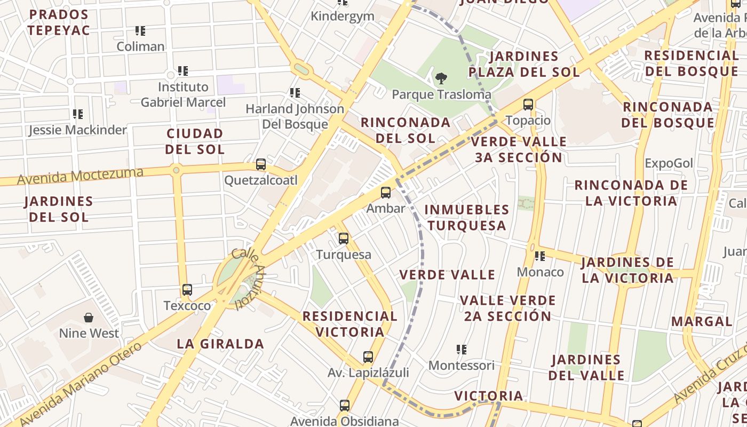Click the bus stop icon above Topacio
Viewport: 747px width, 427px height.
528,105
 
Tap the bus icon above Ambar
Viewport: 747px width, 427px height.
386,193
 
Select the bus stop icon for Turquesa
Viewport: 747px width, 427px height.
344,239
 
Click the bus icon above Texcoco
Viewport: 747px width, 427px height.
187,290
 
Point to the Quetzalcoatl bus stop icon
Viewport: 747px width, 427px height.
261,164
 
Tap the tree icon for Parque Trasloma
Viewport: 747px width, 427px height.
441,79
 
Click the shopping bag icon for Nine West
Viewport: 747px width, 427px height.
89,318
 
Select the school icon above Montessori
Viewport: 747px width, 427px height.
462,350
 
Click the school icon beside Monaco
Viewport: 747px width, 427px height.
540,256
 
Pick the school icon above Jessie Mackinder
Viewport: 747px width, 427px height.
78,114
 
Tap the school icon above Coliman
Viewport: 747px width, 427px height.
140,31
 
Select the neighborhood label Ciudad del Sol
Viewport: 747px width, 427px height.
195,141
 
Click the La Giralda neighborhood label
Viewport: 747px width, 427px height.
220,344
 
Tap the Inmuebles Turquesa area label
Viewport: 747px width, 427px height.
467,217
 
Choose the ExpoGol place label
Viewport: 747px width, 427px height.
669,163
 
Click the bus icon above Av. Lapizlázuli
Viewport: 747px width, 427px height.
368,357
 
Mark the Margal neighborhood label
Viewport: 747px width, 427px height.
702,321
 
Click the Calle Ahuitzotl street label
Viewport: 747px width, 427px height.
249,278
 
